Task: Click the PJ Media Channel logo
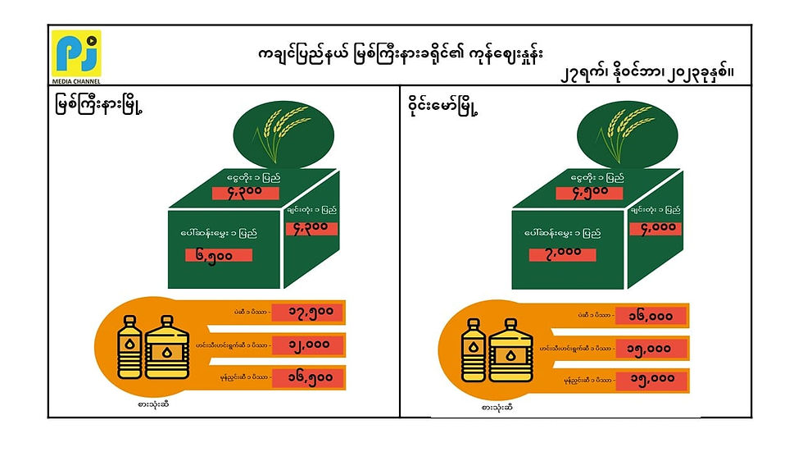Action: click(75, 53)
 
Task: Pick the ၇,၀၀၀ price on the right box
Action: click(564, 251)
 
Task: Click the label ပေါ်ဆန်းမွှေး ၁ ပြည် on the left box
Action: click(219, 233)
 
